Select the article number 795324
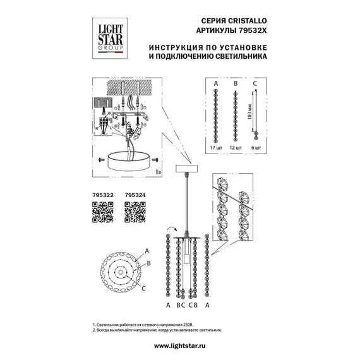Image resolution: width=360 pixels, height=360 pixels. (x=135, y=196)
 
